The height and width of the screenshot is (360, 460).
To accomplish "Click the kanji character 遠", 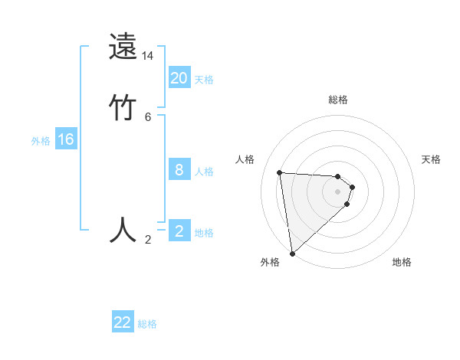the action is click(123, 47).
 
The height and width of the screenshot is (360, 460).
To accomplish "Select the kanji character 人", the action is click(123, 229).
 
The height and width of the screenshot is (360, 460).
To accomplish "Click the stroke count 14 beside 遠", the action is click(148, 56).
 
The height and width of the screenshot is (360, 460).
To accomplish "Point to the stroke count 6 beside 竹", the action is click(148, 116).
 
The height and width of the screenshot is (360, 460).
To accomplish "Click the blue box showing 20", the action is click(179, 77).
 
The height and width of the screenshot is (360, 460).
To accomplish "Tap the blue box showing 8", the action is click(179, 170).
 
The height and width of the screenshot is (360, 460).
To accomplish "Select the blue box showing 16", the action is click(66, 139).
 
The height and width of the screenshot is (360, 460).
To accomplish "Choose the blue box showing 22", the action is click(123, 322).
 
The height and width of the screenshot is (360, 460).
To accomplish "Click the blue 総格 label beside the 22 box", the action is click(147, 324).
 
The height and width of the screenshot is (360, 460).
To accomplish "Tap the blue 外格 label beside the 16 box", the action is click(41, 141).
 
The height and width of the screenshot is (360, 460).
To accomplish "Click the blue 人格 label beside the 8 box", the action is click(204, 172).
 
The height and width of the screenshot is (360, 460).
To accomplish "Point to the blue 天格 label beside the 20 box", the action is click(204, 80).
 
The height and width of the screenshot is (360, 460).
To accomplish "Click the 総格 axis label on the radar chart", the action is click(338, 100).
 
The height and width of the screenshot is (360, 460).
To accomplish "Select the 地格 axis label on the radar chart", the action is click(402, 262).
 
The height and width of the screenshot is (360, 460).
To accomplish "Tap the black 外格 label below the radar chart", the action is click(270, 262).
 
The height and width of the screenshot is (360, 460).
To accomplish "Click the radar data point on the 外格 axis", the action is click(292, 253).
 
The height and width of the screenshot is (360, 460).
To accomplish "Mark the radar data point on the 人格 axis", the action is click(279, 172).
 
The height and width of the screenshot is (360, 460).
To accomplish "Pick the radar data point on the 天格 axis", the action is click(353, 187).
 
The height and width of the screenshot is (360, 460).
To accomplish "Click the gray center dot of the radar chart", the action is click(338, 191).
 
